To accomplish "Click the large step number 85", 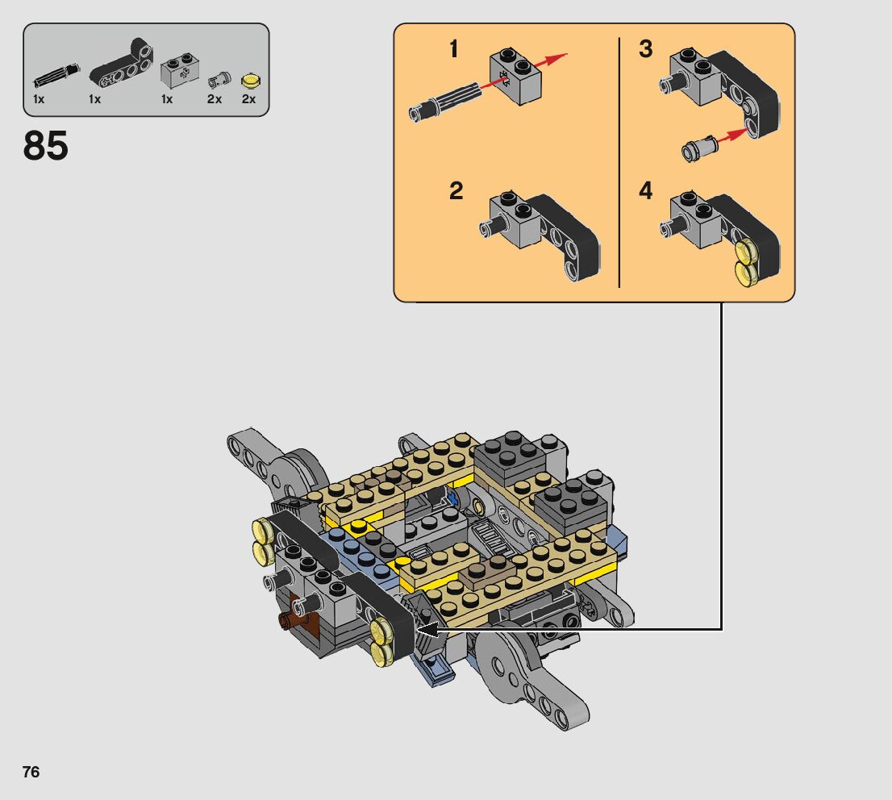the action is click(x=45, y=146).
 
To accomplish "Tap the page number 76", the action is click(x=31, y=772).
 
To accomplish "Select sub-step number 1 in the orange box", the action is click(x=453, y=49).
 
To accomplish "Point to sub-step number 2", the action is click(x=456, y=190).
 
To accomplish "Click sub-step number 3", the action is click(x=646, y=49).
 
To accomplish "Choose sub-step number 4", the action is click(x=646, y=190).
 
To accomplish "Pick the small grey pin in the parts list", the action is click(x=219, y=79).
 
